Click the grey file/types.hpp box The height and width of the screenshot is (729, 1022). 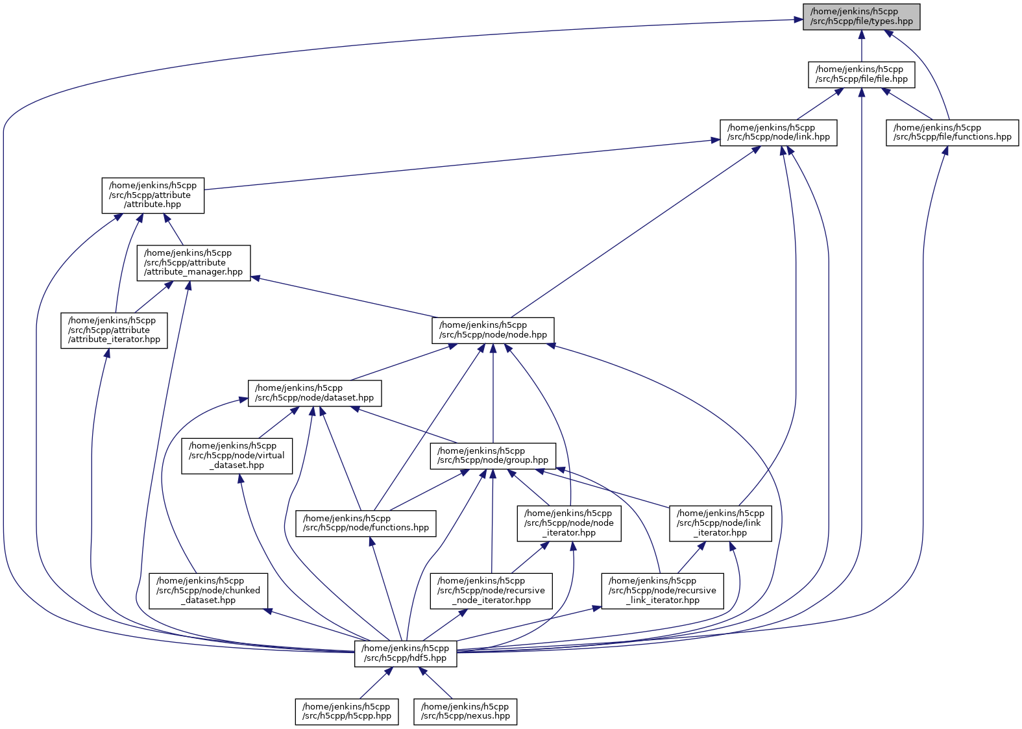861,16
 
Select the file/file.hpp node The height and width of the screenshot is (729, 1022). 861,74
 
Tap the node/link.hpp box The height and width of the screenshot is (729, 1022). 778,132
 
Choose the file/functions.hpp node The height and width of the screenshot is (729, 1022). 952,132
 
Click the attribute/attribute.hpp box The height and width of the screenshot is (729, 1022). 152,195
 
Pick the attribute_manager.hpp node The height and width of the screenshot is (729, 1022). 193,262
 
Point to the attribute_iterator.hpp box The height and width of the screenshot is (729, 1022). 114,330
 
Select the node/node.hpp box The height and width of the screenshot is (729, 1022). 493,330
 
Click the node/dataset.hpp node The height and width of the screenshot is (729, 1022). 315,393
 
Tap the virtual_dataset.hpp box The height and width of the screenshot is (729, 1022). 237,455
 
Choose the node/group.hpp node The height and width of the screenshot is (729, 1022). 493,455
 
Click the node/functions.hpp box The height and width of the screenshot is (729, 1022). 366,523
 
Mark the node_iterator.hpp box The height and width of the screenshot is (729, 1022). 568,523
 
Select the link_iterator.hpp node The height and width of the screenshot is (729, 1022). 720,523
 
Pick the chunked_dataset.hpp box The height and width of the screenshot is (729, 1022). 208,590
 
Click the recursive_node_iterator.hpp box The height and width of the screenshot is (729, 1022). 491,590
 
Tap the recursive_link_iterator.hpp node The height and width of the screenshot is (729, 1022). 663,590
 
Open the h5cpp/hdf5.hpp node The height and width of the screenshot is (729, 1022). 406,653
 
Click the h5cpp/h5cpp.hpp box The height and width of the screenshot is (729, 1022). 347,711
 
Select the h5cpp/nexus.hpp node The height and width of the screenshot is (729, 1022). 465,711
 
